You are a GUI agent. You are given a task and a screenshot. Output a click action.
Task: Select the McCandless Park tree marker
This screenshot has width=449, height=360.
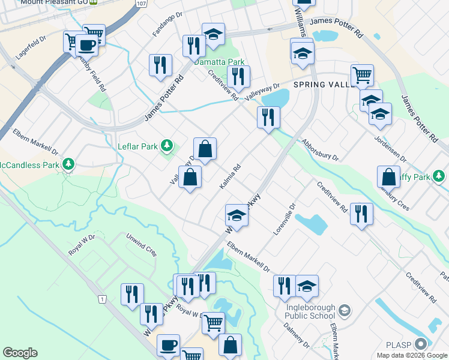[x=68, y=164]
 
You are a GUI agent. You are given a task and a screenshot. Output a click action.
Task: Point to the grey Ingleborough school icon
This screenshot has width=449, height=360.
[x=345, y=310]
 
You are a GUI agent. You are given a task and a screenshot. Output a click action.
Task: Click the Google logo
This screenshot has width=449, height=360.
[x=20, y=353]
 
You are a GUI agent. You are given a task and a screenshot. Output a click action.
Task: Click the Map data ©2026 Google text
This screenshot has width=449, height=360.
[x=412, y=355]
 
